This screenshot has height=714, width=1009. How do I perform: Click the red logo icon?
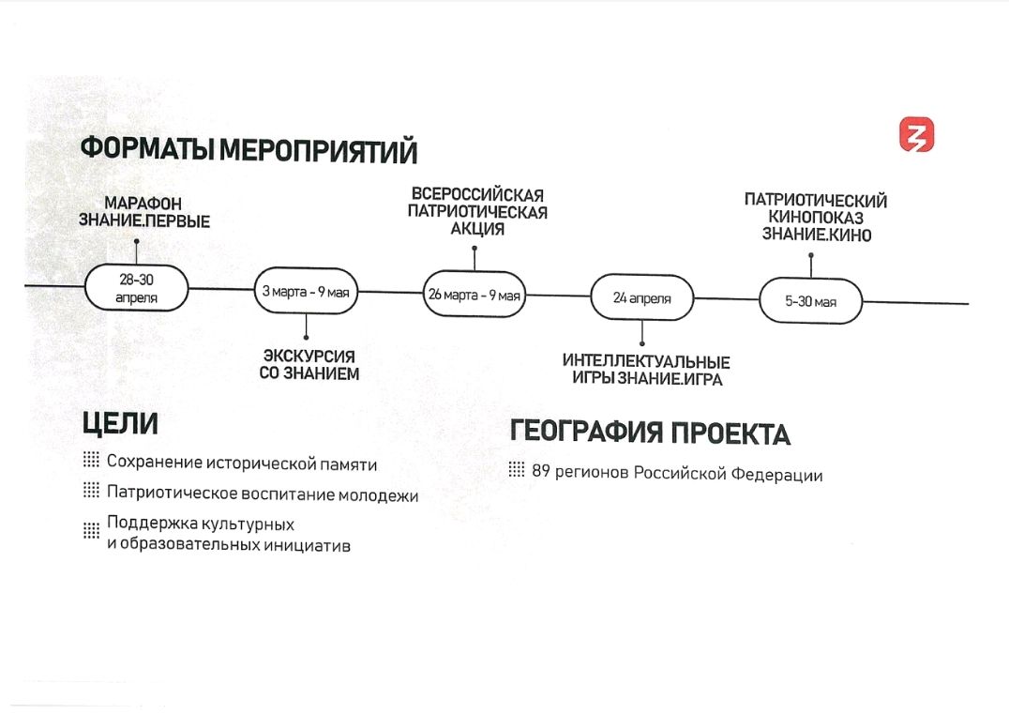(x=917, y=135)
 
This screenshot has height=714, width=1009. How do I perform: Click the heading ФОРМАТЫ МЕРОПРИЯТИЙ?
(x=248, y=150)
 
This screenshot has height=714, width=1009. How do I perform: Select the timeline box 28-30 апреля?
(x=137, y=288)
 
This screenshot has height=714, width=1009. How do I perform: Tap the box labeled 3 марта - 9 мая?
(x=306, y=292)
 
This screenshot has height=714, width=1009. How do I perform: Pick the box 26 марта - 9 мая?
(x=474, y=295)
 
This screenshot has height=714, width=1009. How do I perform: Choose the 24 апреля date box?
(x=642, y=298)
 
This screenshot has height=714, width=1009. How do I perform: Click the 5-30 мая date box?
(x=810, y=301)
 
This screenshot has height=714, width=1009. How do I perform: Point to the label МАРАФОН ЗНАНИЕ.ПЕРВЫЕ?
(x=143, y=213)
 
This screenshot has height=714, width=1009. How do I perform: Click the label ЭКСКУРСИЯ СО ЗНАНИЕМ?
(x=309, y=365)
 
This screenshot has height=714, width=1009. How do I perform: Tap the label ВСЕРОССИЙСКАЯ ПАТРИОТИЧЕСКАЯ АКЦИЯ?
(x=477, y=212)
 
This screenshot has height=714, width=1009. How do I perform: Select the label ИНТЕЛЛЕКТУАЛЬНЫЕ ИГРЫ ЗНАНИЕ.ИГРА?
(x=646, y=370)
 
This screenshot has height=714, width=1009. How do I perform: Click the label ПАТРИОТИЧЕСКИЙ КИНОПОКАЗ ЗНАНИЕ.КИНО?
(x=816, y=217)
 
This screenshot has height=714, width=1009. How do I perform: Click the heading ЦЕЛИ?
(x=120, y=424)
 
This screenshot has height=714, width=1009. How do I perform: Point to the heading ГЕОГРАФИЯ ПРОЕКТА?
(x=650, y=433)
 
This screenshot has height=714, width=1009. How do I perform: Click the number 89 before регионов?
(x=540, y=473)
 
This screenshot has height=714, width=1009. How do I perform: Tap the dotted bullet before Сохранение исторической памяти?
(x=91, y=461)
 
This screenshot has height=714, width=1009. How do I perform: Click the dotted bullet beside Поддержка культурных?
(x=91, y=530)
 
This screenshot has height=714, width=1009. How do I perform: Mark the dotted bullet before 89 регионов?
(x=517, y=470)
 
